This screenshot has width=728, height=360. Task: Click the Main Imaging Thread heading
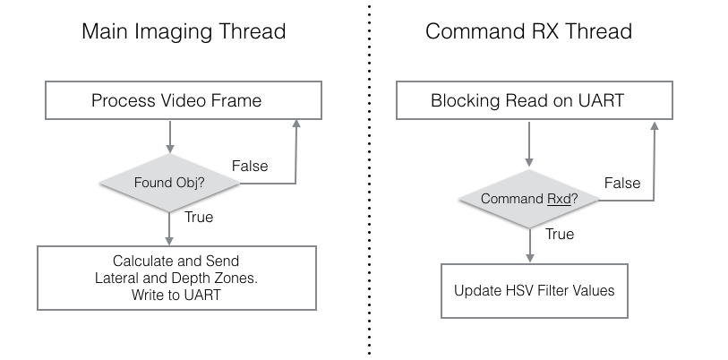click(184, 31)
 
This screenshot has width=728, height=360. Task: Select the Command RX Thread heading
click(528, 31)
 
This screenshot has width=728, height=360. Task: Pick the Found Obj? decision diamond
click(169, 183)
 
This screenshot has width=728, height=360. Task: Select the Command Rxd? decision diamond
click(529, 199)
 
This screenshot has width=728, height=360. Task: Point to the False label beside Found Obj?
click(250, 166)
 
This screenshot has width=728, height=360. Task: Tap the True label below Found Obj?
click(199, 217)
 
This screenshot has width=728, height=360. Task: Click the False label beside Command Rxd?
click(622, 183)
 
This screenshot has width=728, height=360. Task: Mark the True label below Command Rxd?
click(560, 234)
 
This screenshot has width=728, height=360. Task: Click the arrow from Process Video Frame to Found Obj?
click(170, 137)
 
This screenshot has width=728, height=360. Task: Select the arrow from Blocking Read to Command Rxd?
click(529, 144)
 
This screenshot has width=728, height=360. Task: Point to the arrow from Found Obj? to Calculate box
click(169, 228)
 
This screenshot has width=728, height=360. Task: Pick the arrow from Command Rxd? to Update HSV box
click(530, 245)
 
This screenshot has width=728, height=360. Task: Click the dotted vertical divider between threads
click(370, 180)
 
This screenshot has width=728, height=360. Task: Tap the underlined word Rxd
click(559, 199)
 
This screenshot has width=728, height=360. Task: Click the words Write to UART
click(176, 295)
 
